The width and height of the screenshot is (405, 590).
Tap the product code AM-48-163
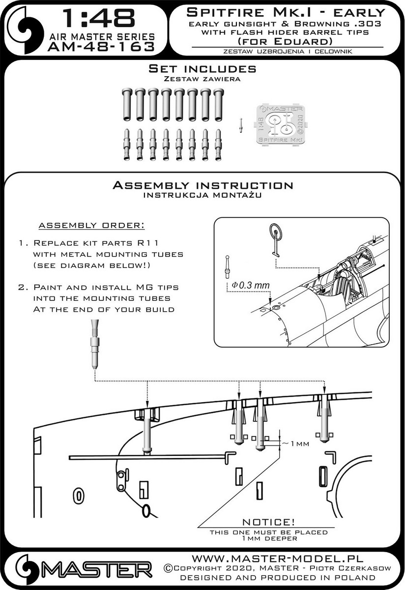coord(101,47)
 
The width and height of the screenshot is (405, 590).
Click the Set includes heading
coord(202,69)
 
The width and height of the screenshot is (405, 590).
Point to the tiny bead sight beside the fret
coord(241,125)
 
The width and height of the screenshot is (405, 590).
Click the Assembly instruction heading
coord(202,185)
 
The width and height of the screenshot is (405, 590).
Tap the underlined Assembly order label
coord(91,226)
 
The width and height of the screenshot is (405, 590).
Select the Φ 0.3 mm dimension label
coord(251,285)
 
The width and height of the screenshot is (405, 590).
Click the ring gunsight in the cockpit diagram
coord(276,240)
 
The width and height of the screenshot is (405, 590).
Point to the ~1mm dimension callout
coord(295,443)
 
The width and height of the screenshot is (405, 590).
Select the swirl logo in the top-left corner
coord(25,30)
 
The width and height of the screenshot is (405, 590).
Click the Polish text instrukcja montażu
coord(202,195)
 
